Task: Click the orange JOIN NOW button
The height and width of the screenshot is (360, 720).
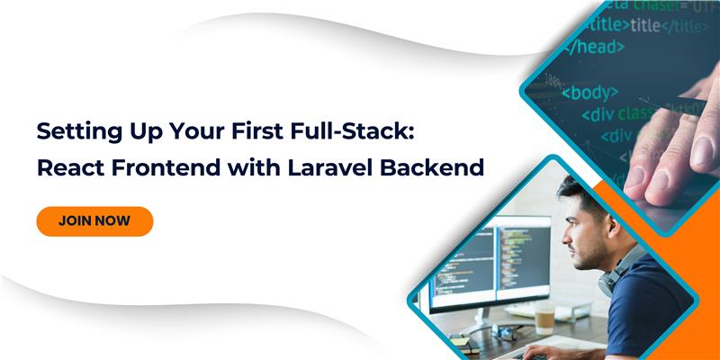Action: [x=94, y=220]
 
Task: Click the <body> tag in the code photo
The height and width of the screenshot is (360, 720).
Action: [x=590, y=92]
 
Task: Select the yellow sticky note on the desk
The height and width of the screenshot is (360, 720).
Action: [x=458, y=340]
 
